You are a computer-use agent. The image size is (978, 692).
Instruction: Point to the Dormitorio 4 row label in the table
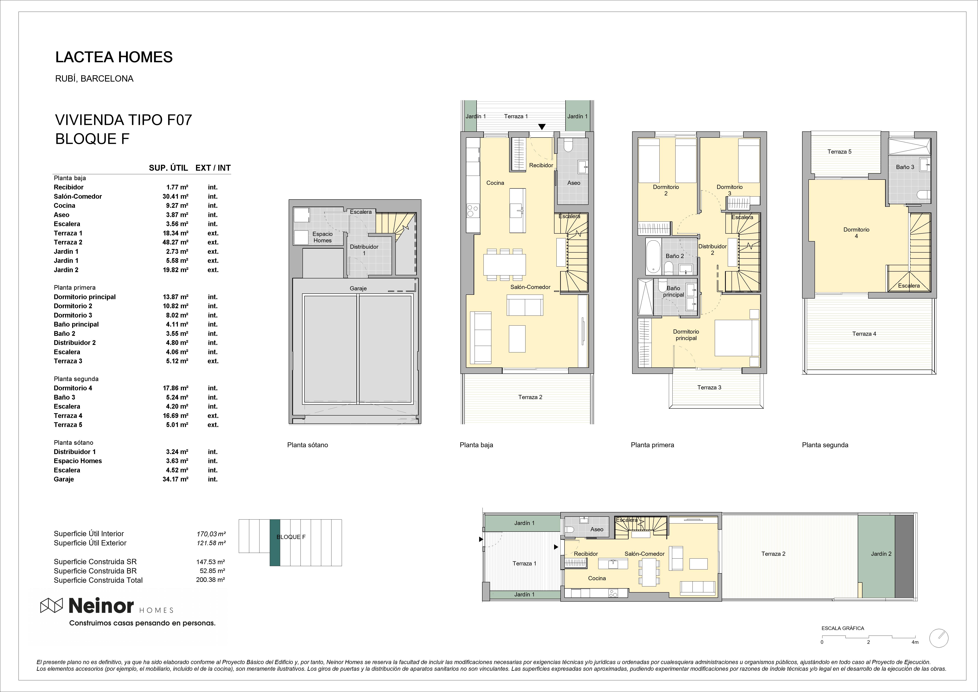coord(73,388)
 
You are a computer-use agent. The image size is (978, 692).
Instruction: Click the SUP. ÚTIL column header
coord(168,168)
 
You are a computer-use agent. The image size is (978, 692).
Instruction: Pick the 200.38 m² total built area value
coord(210,580)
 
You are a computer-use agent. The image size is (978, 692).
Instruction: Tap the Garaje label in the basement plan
coord(358,288)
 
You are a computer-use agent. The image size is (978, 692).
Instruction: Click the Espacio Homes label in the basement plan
coord(322,237)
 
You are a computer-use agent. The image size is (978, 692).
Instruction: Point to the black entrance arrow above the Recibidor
coord(541,127)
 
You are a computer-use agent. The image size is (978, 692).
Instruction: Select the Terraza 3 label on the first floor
coord(709,388)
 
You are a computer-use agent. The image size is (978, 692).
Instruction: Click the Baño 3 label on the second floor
coord(905,167)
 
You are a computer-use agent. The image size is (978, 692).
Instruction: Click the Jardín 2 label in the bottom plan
coord(881,554)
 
